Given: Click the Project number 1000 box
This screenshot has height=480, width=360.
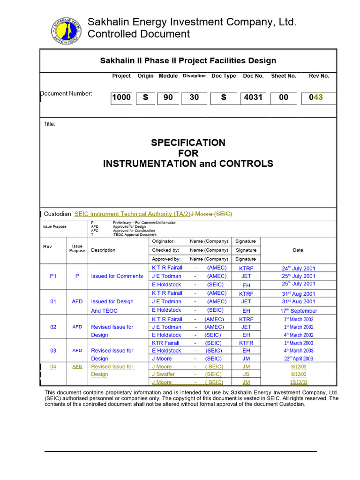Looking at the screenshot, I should tap(121, 97).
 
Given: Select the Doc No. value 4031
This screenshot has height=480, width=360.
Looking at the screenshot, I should tap(253, 97).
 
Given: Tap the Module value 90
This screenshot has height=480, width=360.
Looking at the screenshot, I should tap(168, 97).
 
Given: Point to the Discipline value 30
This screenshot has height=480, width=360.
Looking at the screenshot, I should tap(194, 97).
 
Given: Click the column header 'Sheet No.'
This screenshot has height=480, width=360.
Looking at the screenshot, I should tap(284, 76).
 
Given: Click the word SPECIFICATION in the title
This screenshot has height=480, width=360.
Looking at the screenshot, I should tap(188, 142).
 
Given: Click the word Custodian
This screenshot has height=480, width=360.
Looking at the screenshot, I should tap(57, 214).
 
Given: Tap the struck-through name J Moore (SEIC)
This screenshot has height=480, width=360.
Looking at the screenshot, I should tap(211, 214).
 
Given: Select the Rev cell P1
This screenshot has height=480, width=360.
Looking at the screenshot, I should tap(53, 276).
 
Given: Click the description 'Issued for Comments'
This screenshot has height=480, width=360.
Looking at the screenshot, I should tap(117, 276).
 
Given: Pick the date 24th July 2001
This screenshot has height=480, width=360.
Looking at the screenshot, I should tap(298, 269).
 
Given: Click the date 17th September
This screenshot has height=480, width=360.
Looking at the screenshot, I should tap(298, 311).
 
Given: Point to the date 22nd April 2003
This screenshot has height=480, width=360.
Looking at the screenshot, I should tap(298, 359).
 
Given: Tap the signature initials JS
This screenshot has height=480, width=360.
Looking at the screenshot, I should tap(246, 375).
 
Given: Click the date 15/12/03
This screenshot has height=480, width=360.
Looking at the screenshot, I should tap(298, 382).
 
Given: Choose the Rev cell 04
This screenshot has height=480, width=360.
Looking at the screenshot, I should tap(53, 367).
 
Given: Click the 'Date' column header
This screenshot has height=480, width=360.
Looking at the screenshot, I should tap(298, 250).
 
